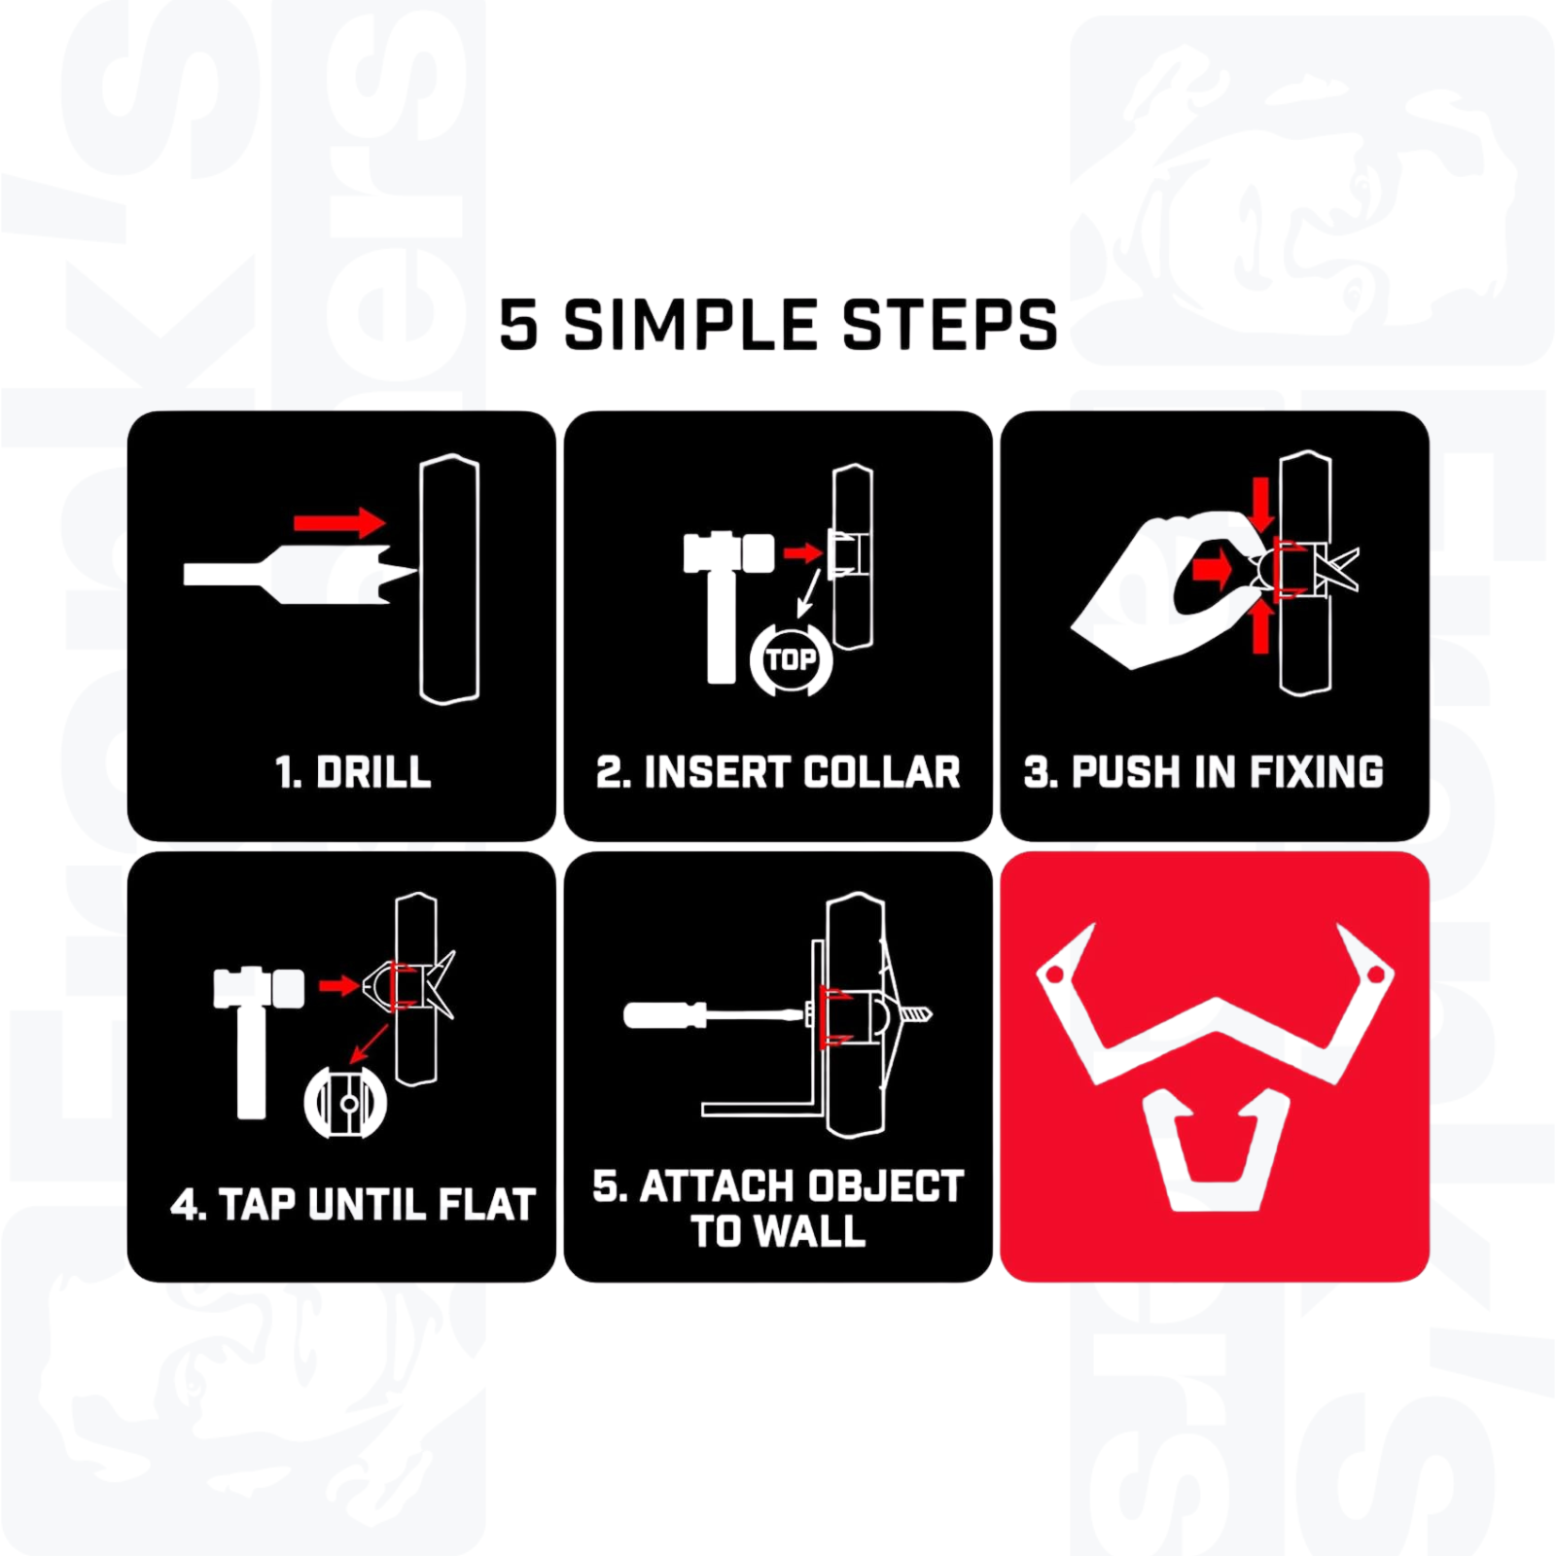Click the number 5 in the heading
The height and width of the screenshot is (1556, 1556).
(518, 325)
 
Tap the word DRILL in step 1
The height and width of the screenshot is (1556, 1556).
(373, 772)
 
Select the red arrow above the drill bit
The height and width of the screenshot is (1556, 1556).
(339, 523)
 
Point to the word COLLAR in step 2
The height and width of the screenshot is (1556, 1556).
(882, 772)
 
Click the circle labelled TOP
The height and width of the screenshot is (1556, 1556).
(791, 660)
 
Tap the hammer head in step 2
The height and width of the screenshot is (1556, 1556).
(728, 553)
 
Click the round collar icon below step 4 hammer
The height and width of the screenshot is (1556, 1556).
(345, 1104)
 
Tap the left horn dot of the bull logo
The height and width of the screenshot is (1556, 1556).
(1053, 973)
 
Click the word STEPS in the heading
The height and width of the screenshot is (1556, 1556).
(949, 325)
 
